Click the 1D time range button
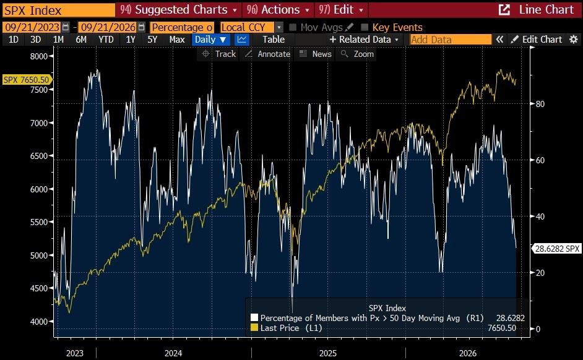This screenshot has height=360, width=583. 14,40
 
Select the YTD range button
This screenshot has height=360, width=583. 106,40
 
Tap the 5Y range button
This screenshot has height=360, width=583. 152,40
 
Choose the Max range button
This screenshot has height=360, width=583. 177,40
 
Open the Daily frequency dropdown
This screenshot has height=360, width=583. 210,40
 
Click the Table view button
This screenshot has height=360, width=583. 274,40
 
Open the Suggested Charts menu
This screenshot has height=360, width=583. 178,10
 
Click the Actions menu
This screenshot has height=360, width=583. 278,10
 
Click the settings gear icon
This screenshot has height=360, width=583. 574,40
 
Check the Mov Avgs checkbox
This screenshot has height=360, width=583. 293,27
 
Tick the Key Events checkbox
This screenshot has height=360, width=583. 365,27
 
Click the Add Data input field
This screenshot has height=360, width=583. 451,40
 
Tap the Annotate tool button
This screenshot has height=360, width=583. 269,54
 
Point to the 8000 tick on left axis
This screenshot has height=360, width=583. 39,56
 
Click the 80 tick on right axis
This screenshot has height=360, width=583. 540,104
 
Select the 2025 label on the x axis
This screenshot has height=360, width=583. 328,353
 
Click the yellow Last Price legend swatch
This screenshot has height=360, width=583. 254,328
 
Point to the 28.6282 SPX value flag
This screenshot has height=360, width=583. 556,249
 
